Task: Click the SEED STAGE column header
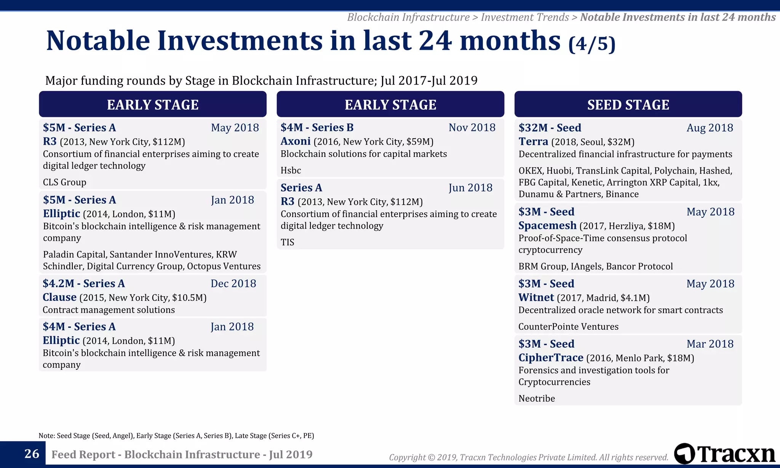point(628,105)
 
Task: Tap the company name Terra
point(533,142)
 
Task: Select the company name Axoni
point(296,141)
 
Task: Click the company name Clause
point(59,297)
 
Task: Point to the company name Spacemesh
point(547,226)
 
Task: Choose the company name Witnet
point(536,298)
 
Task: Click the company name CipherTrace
point(551,358)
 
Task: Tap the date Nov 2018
point(472,128)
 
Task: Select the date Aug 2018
point(710,128)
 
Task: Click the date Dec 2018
point(233,284)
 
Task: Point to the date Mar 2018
point(710,344)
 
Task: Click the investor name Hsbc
point(291,171)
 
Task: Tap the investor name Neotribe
point(537,399)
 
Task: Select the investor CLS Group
point(64,182)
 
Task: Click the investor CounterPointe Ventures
point(568,327)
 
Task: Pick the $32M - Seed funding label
point(550,128)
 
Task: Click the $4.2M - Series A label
point(83,284)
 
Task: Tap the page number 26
point(32,454)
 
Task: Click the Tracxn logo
point(724,454)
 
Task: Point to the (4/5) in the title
point(591,44)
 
